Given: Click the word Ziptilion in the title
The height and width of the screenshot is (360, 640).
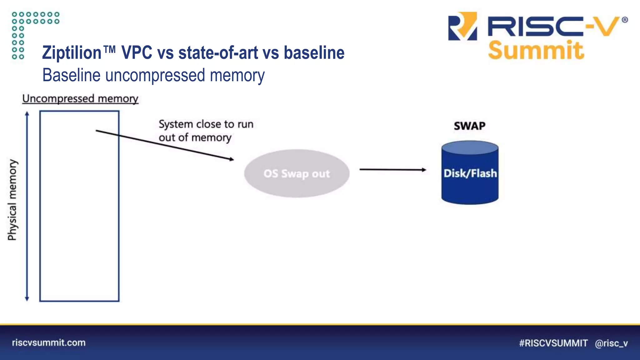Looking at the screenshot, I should (x=72, y=52).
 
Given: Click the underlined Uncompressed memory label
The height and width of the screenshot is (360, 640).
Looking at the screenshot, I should (x=80, y=99).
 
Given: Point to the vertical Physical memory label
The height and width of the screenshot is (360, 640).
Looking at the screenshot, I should (x=12, y=200).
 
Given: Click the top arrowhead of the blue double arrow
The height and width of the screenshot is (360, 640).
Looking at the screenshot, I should (x=27, y=113).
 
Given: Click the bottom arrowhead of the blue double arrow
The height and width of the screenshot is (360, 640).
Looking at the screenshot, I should (x=27, y=298).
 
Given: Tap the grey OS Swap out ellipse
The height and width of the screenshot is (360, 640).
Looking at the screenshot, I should (x=297, y=173).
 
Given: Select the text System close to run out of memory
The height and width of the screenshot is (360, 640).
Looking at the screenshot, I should (x=206, y=131).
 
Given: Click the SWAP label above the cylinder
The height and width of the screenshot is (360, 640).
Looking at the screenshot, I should (x=469, y=126).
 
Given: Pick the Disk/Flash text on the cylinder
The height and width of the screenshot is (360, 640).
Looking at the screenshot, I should (x=470, y=173).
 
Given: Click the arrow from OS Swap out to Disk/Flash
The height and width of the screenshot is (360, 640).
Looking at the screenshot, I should (x=392, y=170).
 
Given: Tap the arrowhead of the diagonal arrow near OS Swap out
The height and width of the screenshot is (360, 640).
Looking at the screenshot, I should (x=231, y=159).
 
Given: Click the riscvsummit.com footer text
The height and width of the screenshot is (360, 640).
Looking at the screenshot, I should (x=49, y=342).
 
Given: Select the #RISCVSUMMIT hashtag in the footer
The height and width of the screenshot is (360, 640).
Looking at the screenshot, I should (x=553, y=343).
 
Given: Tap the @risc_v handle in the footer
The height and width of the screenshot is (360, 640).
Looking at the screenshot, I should (x=611, y=343).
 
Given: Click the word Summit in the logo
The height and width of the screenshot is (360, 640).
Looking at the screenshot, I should (x=536, y=50).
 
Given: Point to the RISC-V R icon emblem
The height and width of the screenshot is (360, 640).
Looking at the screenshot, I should (x=462, y=27).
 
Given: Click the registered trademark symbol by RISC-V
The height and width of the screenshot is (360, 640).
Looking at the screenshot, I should (x=625, y=20).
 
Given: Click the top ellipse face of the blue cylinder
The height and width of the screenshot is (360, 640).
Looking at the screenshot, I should (x=470, y=147).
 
